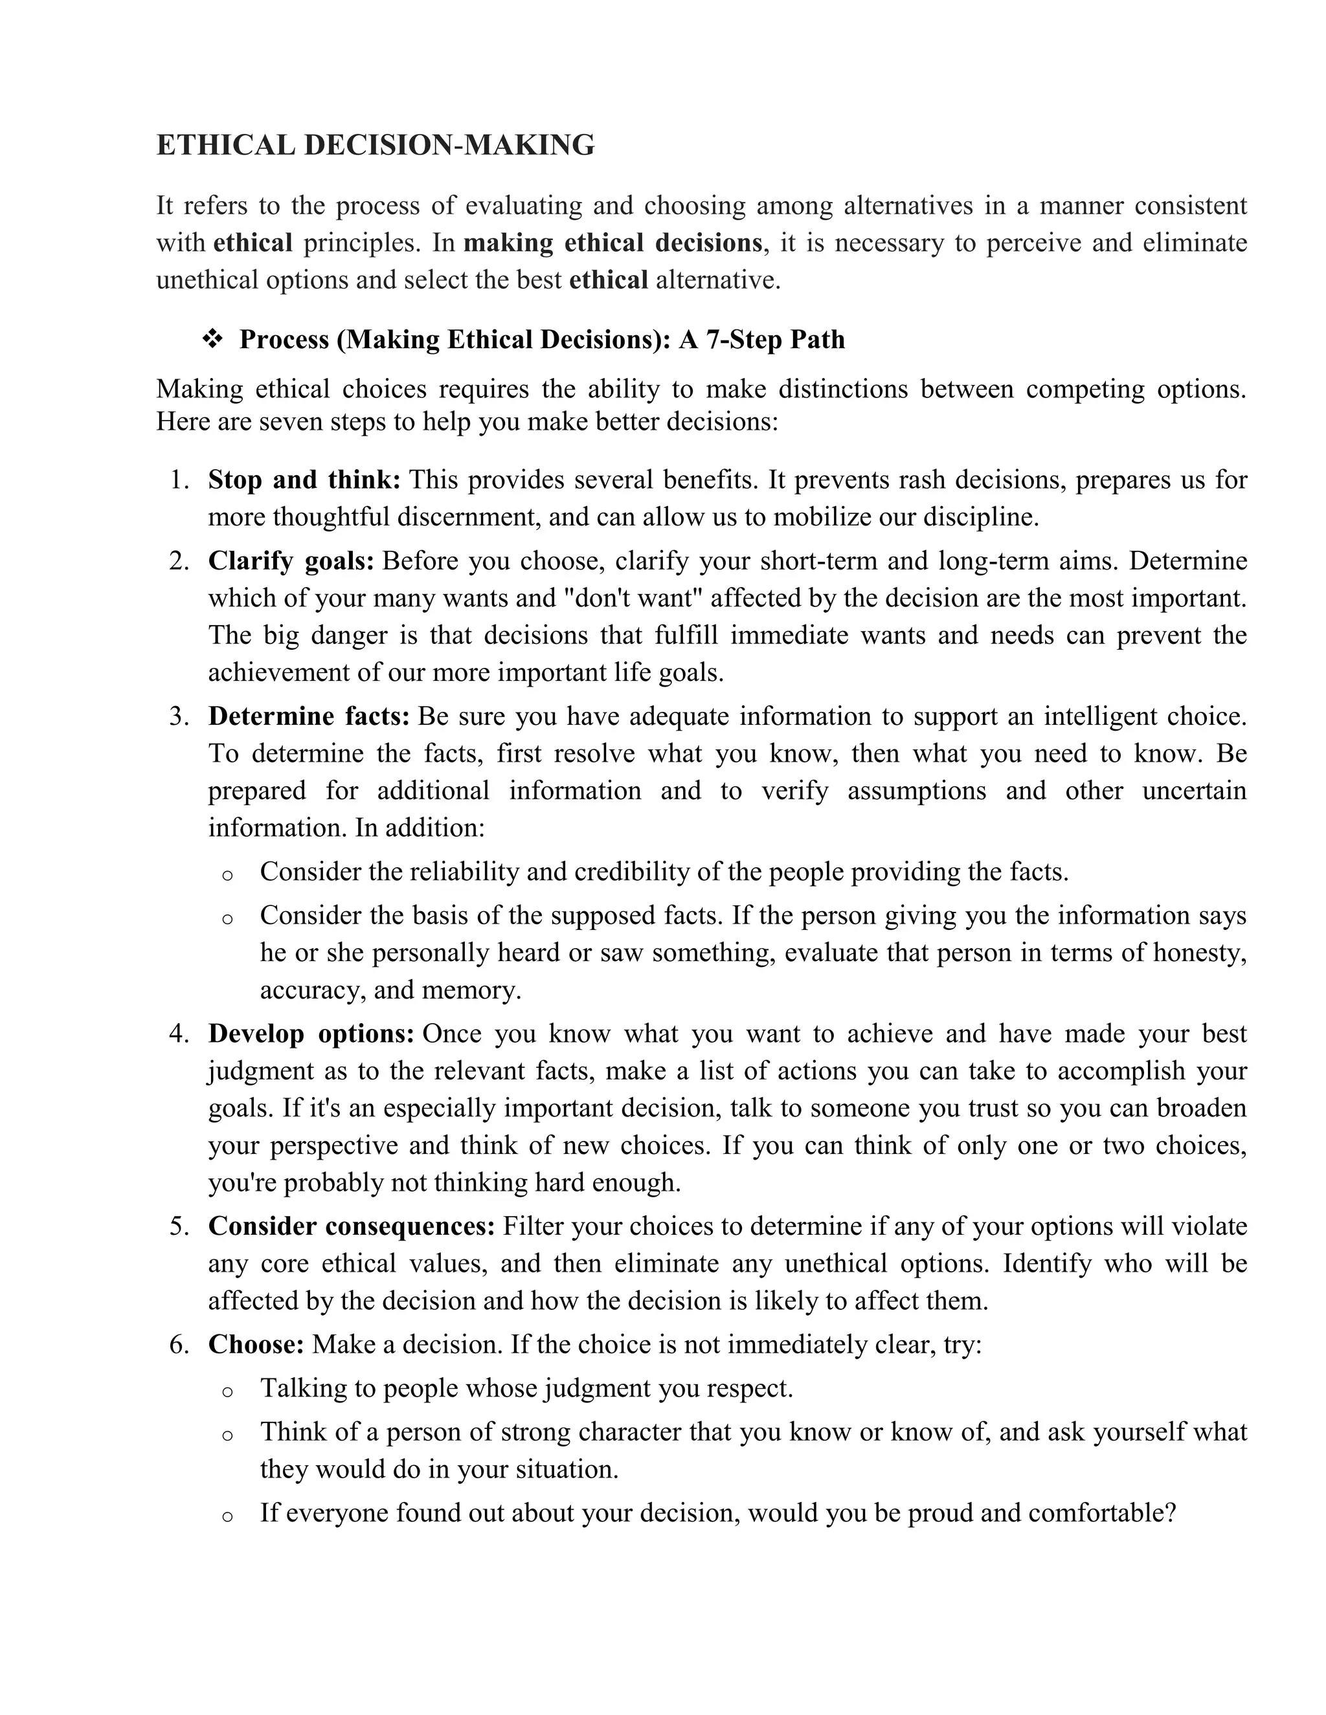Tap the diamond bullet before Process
[x=212, y=339]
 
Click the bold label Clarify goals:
[x=291, y=562]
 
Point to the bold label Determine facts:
[x=309, y=716]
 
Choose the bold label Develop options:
[x=311, y=1034]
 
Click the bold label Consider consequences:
[x=351, y=1226]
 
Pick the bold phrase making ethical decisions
[x=612, y=243]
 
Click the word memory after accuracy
[x=471, y=990]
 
